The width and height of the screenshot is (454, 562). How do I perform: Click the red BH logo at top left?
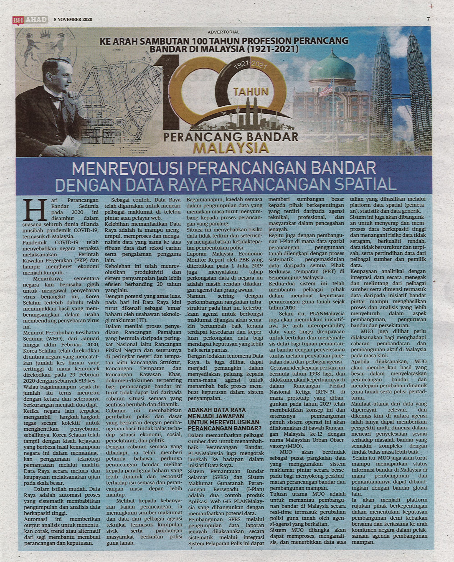click(16, 19)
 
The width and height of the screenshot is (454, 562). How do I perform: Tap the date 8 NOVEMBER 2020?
click(73, 19)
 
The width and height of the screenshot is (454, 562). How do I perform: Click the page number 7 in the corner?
click(428, 19)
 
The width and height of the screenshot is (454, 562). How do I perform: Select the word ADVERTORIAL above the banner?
click(224, 32)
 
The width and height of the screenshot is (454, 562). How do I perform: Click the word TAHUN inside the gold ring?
click(251, 92)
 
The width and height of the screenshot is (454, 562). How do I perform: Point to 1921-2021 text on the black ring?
click(250, 66)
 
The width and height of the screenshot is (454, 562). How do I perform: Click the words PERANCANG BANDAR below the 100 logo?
click(231, 137)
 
